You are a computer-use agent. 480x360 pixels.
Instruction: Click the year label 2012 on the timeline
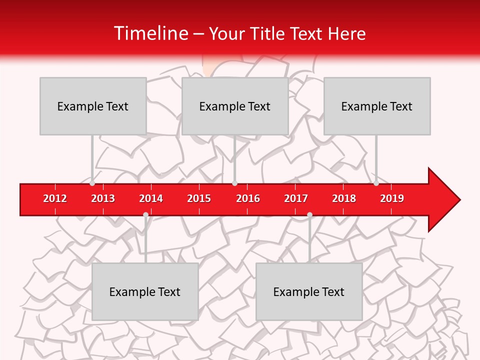tap(55, 198)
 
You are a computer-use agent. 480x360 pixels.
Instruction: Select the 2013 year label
tap(103, 198)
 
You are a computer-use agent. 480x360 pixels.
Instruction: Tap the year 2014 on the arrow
tap(151, 198)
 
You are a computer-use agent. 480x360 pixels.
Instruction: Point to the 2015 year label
tap(199, 198)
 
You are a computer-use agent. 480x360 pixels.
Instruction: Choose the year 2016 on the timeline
tap(248, 198)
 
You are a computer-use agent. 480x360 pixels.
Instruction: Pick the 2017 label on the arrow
tap(296, 198)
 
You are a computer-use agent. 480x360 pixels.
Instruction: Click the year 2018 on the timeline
tap(344, 198)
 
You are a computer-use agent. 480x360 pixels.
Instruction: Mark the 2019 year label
tap(392, 198)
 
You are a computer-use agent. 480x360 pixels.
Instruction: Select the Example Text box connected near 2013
tap(93, 106)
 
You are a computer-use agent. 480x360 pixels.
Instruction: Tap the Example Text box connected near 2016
tap(235, 106)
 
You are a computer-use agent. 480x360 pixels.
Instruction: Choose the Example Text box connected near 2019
tap(377, 106)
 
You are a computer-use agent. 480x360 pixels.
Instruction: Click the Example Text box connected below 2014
tap(145, 291)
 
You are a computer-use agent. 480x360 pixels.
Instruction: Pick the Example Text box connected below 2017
tap(309, 291)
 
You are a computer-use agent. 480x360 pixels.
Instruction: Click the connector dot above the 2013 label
tap(92, 183)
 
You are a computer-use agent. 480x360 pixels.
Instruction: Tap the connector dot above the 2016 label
tap(234, 183)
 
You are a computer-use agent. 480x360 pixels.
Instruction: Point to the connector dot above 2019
tap(376, 183)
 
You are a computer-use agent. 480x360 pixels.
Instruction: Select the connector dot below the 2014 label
tap(145, 214)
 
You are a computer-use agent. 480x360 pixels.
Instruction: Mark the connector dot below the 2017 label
tap(309, 214)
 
